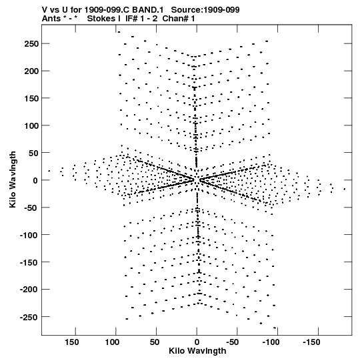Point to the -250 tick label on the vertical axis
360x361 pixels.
click(29, 317)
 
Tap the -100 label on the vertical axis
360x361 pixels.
click(29, 235)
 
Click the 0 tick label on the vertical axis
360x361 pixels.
click(35, 180)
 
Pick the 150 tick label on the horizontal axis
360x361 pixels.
click(72, 342)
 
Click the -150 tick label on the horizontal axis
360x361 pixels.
click(311, 342)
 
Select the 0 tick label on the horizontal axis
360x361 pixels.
click(197, 342)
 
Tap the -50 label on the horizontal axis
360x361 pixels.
click(232, 342)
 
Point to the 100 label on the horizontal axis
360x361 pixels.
click(112, 342)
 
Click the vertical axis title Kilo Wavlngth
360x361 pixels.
click(13, 179)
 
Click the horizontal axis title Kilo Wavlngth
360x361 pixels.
click(197, 351)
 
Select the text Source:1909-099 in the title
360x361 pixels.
click(205, 10)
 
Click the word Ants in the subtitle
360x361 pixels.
click(51, 19)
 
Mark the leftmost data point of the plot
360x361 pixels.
click(49, 171)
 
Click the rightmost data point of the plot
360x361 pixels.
click(345, 190)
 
